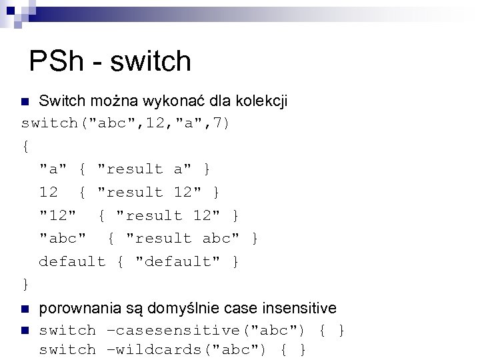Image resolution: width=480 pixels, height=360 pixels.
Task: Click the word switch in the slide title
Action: pos(151,61)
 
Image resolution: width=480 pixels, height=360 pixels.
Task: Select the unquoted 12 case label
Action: pos(48,193)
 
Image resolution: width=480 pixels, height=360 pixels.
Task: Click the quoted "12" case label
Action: pos(57,215)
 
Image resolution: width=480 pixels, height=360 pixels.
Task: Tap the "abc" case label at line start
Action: pos(62,239)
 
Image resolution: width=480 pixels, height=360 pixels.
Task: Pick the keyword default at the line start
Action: pos(72,262)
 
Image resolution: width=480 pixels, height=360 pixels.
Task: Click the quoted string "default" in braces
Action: pos(177,262)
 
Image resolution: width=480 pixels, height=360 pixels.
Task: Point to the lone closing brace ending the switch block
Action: pos(25,285)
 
